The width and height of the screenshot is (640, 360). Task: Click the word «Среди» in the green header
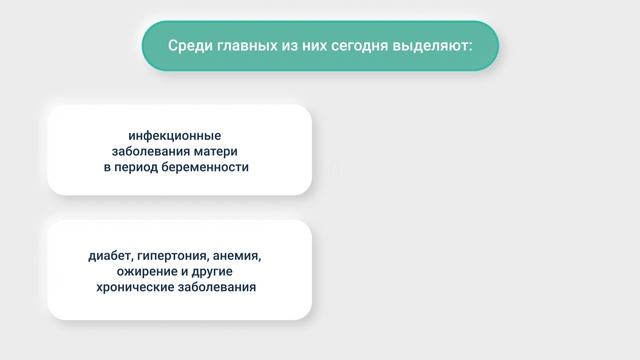click(187, 46)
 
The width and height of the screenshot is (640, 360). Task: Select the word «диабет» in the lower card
click(111, 254)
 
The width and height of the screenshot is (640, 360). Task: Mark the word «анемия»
click(239, 254)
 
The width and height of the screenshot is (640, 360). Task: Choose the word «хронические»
click(131, 287)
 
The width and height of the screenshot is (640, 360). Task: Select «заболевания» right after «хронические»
click(215, 287)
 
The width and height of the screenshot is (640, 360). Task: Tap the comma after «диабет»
click(134, 258)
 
